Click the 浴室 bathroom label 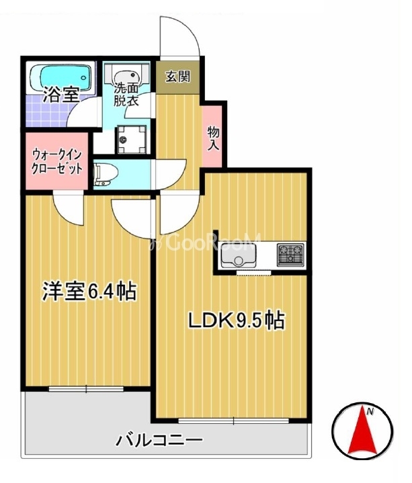coord(61,95)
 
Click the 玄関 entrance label coord(179,75)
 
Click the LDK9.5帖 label coord(235,320)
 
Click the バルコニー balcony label coord(159,442)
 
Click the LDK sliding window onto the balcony coord(233,421)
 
